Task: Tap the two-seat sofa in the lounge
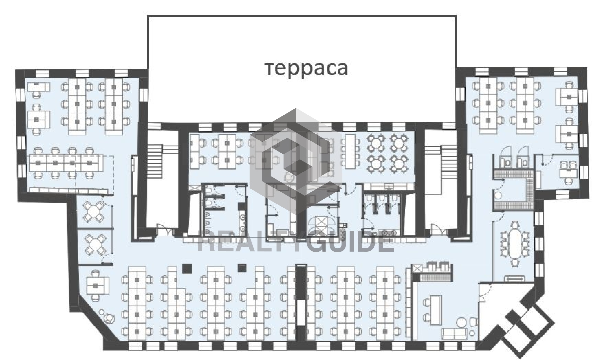pyautogui.click(x=454, y=334)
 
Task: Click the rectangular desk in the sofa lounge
pyautogui.click(x=435, y=310)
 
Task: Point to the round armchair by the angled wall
pyautogui.click(x=108, y=318)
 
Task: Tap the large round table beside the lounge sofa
pyautogui.click(x=461, y=323)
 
